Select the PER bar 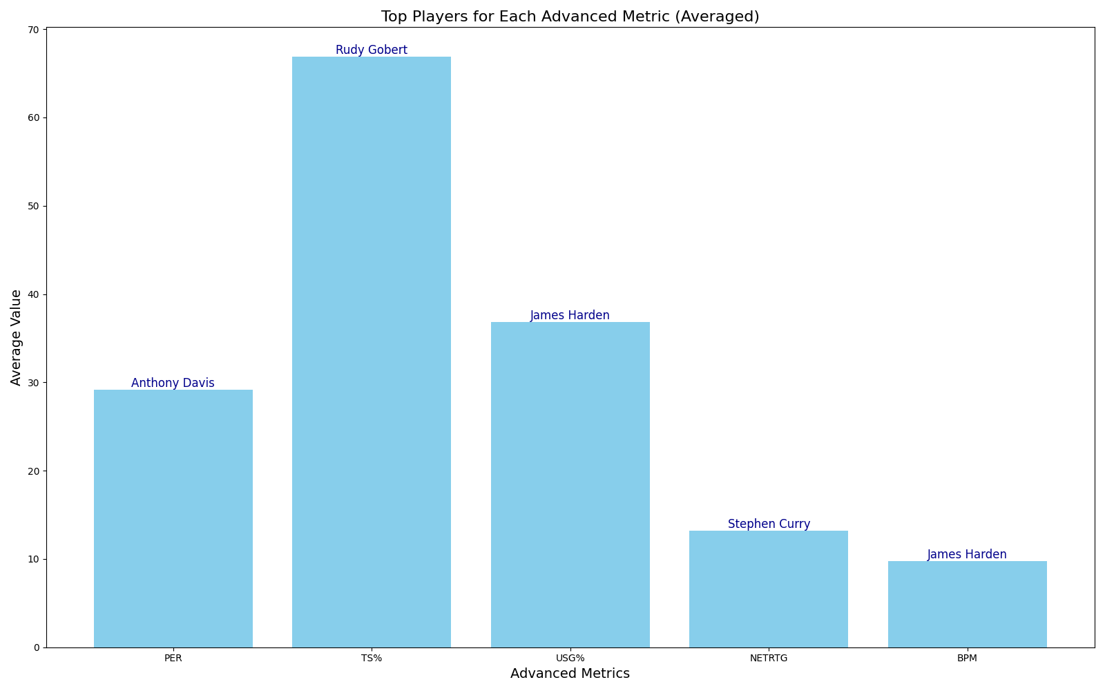point(173,518)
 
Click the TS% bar point(372,352)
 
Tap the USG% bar point(570,484)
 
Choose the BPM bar point(967,604)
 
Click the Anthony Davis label point(173,383)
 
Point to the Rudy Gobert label point(372,50)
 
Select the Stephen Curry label point(769,524)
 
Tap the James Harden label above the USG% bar point(570,315)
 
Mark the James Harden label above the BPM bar point(967,554)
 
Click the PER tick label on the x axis point(173,659)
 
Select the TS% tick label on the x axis point(372,659)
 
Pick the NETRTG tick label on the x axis point(769,659)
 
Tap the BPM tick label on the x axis point(967,659)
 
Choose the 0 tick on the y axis point(37,647)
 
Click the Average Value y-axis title point(16,337)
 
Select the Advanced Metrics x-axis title point(570,674)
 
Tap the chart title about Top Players point(570,17)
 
